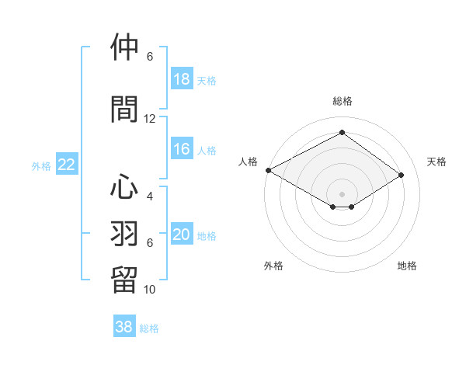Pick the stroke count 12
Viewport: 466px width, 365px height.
pyautogui.click(x=150, y=119)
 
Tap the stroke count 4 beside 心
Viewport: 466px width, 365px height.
pyautogui.click(x=150, y=196)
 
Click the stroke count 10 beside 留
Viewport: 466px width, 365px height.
pyautogui.click(x=150, y=290)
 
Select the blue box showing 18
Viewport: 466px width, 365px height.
pyautogui.click(x=181, y=79)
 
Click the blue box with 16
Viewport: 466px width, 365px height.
pyautogui.click(x=181, y=150)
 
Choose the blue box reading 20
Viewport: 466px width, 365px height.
pyautogui.click(x=181, y=235)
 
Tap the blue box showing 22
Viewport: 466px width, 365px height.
pyautogui.click(x=66, y=165)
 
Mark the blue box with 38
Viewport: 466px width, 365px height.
pyautogui.click(x=123, y=327)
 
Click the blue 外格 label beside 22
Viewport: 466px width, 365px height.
pyautogui.click(x=41, y=165)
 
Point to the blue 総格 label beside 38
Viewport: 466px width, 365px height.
pyautogui.click(x=149, y=328)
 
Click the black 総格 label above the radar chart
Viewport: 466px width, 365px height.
pyautogui.click(x=342, y=101)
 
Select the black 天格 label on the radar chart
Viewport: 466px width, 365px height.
pyautogui.click(x=436, y=162)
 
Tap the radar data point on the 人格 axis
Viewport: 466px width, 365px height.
pyautogui.click(x=268, y=170)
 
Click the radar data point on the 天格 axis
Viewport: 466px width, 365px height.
pyautogui.click(x=402, y=176)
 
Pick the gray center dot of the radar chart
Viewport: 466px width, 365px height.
pyautogui.click(x=342, y=193)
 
